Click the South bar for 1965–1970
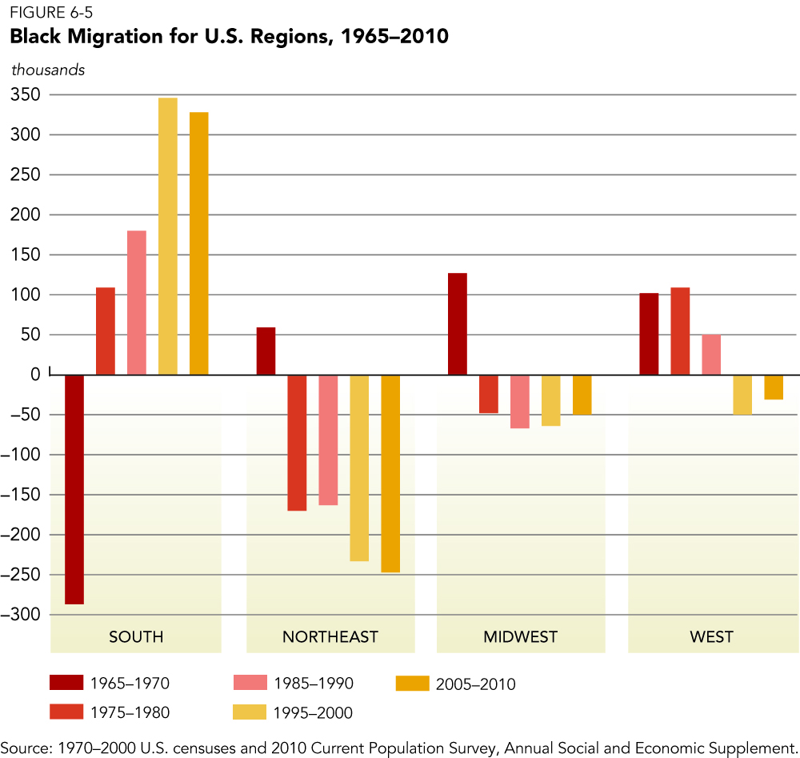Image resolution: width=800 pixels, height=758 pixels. (x=74, y=489)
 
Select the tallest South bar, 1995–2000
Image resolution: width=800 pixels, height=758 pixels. (x=168, y=236)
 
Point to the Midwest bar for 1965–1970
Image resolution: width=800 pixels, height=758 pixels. (x=458, y=324)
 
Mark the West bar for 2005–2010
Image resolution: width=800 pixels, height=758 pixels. (x=774, y=387)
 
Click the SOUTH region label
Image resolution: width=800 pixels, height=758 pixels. (x=136, y=637)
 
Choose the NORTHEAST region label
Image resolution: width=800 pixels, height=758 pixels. (x=330, y=637)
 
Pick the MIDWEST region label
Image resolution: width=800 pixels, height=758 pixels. (x=521, y=637)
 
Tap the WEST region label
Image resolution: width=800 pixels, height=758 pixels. (x=711, y=637)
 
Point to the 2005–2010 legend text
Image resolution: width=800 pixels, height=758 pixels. (x=476, y=684)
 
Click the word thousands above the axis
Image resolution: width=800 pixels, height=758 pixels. (x=48, y=70)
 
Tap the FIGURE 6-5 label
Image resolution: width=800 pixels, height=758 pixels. (x=46, y=12)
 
